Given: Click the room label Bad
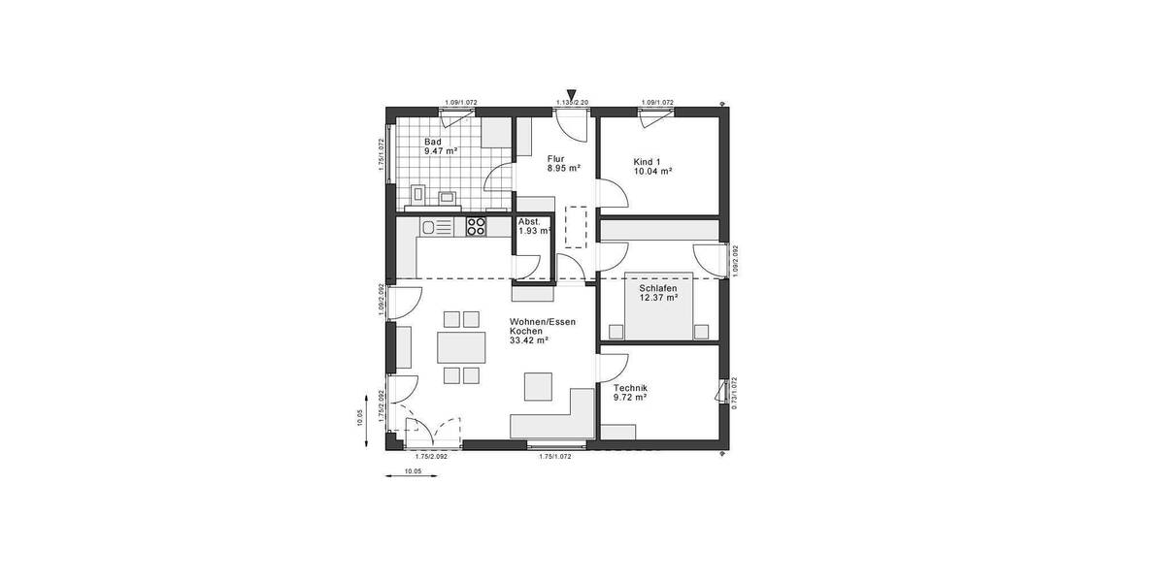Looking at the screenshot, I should point(433,142).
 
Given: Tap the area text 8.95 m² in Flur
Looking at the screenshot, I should point(563,168).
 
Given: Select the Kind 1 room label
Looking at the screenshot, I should point(648,161).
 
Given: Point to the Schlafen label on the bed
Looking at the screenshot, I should point(657,288).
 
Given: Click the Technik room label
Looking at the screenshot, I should point(630,388).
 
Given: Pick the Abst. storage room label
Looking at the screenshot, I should point(529,221).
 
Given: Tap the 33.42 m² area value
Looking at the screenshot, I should point(529,339).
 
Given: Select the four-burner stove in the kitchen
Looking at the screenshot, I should point(477,227).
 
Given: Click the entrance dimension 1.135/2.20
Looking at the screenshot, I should point(572,103).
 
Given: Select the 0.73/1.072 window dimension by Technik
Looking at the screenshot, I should point(735,393).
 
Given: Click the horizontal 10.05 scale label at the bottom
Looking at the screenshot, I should point(412,471).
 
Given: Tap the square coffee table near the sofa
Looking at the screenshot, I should point(537,386).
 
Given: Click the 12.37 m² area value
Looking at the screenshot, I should point(657,298).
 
